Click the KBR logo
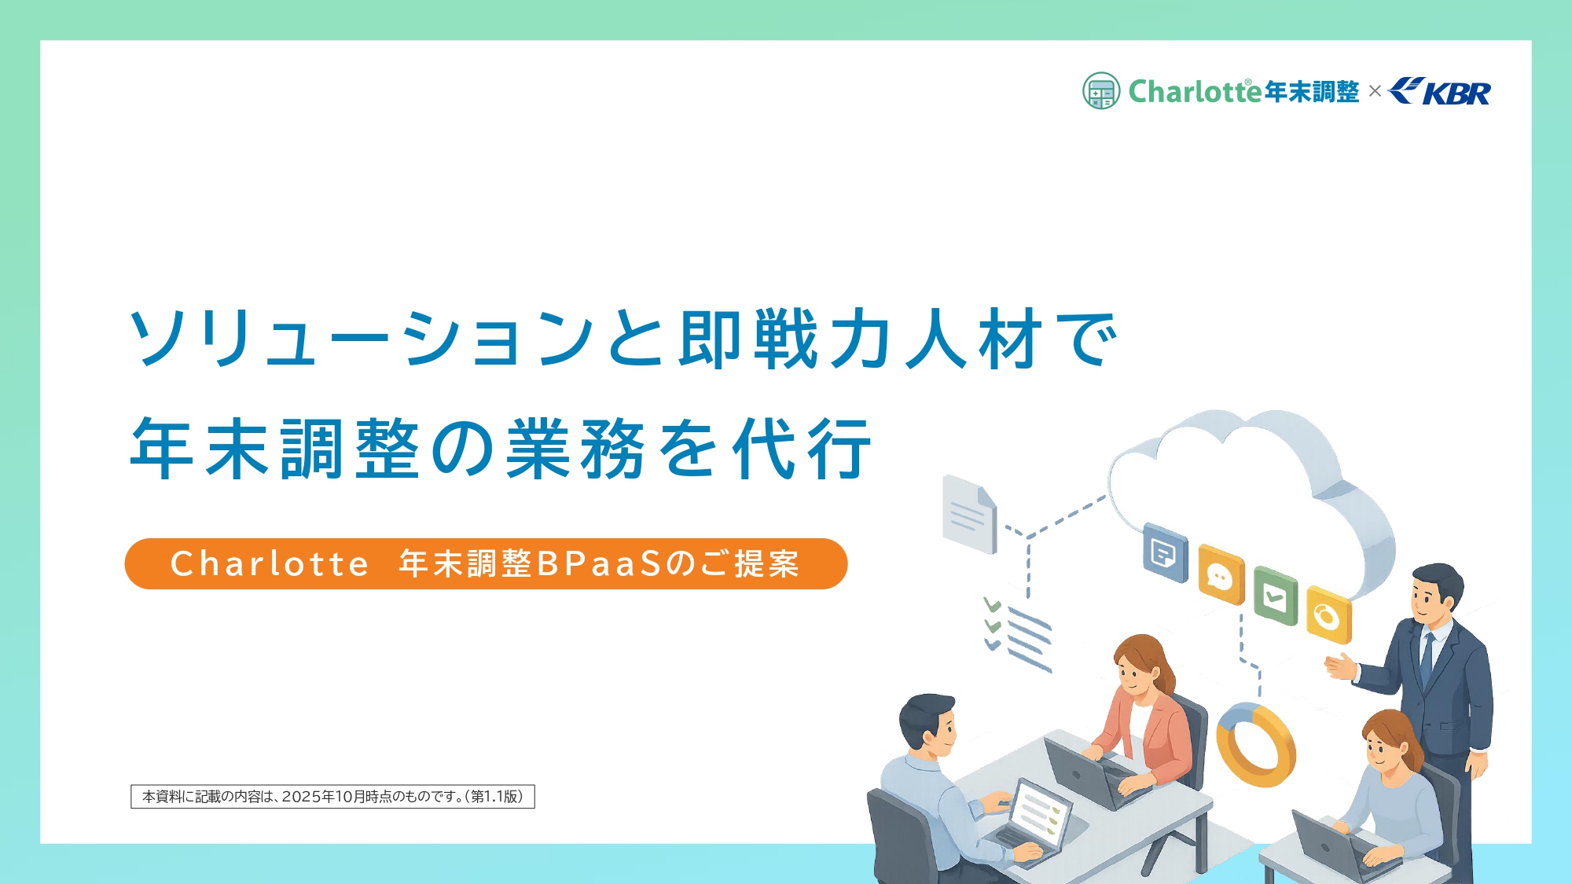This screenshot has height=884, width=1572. (1440, 92)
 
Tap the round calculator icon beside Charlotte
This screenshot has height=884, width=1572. (1100, 91)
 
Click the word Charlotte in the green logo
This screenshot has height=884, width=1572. (1195, 92)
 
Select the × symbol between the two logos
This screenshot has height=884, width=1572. (1375, 91)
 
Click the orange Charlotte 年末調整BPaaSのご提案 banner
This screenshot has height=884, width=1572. (486, 563)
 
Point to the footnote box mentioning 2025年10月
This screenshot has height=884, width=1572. (332, 796)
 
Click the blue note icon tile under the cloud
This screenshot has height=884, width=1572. (1165, 552)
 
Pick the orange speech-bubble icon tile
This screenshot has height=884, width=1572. (1221, 577)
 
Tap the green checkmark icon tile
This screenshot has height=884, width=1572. (1275, 596)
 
